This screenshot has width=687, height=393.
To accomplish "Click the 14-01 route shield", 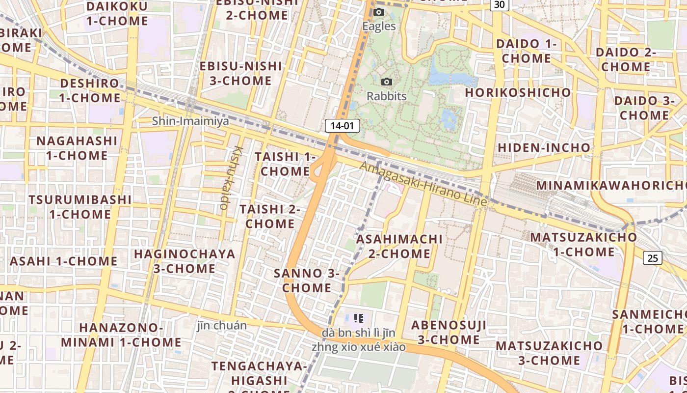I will (x=342, y=125).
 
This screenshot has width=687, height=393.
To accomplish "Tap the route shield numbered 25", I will (x=653, y=258).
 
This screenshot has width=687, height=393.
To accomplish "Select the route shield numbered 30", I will (x=499, y=4).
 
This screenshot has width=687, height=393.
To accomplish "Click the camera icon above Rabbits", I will (x=387, y=82).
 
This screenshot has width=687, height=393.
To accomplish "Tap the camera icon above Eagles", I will (x=379, y=12).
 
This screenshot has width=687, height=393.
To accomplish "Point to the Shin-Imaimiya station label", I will (x=190, y=121).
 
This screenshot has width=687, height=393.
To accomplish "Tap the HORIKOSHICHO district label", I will (x=518, y=92).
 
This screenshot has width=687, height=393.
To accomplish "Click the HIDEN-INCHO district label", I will (x=544, y=147).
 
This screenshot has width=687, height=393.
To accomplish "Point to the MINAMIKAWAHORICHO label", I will (x=611, y=185).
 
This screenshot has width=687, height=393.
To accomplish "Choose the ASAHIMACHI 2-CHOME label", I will (x=399, y=246).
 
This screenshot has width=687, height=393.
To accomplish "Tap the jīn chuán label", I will (x=222, y=325).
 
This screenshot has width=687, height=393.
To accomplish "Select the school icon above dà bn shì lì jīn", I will (x=359, y=318).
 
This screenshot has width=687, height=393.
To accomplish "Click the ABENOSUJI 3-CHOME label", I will (x=449, y=332).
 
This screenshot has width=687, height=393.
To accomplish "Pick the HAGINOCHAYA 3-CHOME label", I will (x=185, y=261).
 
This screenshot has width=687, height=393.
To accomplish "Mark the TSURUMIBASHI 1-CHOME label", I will (x=80, y=207).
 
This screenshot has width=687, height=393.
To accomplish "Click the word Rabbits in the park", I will (x=387, y=96).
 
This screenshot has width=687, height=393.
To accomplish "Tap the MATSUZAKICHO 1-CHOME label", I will (x=583, y=244).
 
